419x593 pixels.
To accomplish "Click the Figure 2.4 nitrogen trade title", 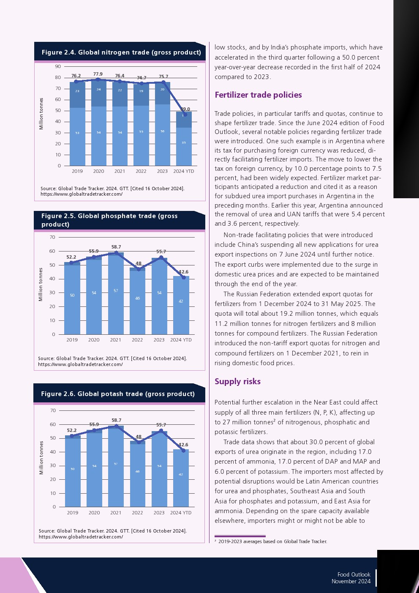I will (x=121, y=52).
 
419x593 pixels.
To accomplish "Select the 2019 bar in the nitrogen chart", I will (x=77, y=127).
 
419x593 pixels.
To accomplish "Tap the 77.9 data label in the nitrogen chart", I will (x=98, y=74).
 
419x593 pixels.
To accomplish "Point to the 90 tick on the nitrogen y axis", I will (x=58, y=66).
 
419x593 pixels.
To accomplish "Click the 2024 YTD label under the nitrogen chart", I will (x=184, y=171).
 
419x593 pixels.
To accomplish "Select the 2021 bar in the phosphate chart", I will (x=116, y=296).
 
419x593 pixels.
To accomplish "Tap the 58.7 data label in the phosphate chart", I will (x=116, y=247).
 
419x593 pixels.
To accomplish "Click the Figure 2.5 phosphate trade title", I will (x=109, y=220).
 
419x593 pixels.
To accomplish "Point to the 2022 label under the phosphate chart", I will (x=137, y=340).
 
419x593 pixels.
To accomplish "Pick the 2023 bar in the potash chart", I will (x=159, y=469).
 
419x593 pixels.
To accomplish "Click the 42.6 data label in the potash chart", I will (x=183, y=445).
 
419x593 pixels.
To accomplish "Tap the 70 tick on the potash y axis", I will (x=53, y=410).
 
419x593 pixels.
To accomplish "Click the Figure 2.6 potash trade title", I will (x=118, y=394).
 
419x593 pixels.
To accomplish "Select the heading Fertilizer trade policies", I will (x=258, y=95).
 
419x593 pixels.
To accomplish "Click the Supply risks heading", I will (x=237, y=382).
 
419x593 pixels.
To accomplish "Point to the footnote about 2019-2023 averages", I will (x=272, y=541).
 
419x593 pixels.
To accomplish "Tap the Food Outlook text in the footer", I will (x=354, y=574).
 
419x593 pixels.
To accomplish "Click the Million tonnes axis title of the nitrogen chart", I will (x=41, y=114).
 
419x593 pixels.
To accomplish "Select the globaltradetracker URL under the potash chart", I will (x=81, y=537).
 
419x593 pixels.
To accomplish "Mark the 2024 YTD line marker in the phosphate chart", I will (x=184, y=278).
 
